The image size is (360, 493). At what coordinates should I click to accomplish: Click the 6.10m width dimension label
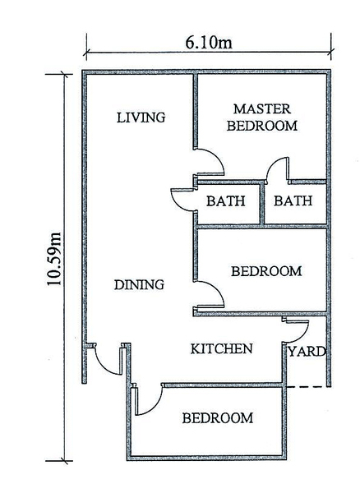point(209,42)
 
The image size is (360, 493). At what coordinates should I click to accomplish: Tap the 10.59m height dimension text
point(54,259)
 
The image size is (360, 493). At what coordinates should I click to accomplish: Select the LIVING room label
point(141,117)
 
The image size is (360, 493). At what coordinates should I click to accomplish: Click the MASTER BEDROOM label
point(262,117)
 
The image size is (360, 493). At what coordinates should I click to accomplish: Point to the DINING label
point(139,285)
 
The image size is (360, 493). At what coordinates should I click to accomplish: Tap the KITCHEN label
point(222,349)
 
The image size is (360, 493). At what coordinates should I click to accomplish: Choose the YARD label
point(307,352)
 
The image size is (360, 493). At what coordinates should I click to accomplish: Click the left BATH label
point(226,201)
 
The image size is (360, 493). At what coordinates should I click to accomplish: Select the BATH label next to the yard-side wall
point(293,200)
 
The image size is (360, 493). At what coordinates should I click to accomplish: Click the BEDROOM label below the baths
point(266,271)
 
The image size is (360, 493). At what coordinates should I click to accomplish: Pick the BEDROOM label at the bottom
point(218,418)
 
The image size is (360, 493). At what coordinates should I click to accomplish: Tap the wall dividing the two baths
point(262,203)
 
